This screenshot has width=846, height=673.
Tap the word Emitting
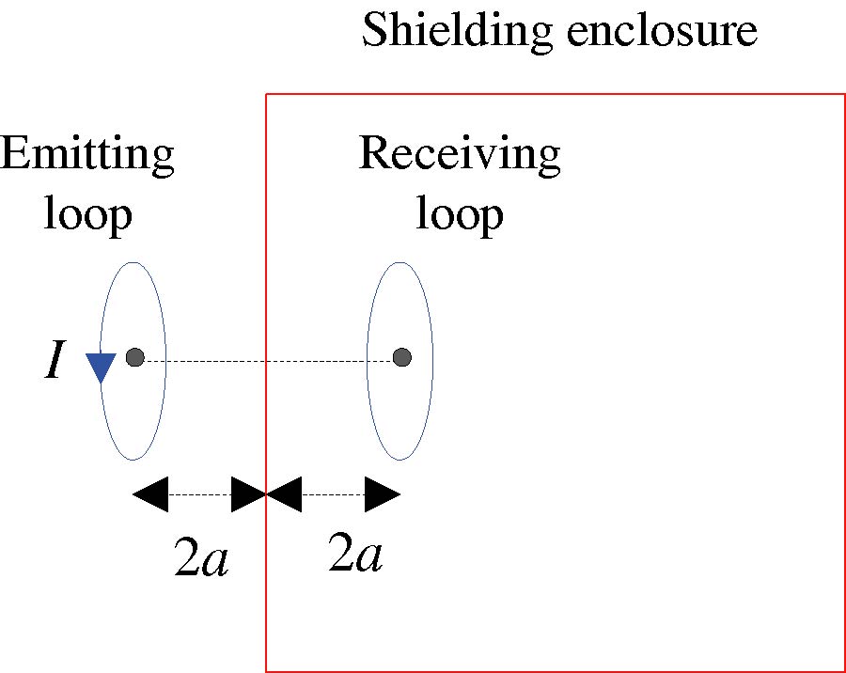click(86, 154)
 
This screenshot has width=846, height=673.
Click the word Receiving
click(460, 154)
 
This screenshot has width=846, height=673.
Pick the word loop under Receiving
click(460, 213)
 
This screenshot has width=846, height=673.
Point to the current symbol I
click(55, 362)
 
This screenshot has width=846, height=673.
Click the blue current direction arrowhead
click(100, 367)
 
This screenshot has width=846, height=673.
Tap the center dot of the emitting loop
click(134, 357)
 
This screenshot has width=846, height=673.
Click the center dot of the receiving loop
click(402, 357)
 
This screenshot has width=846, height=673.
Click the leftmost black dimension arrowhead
click(150, 493)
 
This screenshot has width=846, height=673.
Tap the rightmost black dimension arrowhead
click(383, 493)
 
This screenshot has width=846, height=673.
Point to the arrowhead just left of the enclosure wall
click(248, 493)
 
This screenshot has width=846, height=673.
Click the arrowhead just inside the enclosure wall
click(285, 493)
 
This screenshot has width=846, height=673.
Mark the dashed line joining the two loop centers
click(268, 359)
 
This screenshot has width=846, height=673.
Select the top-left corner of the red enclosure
click(266, 94)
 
